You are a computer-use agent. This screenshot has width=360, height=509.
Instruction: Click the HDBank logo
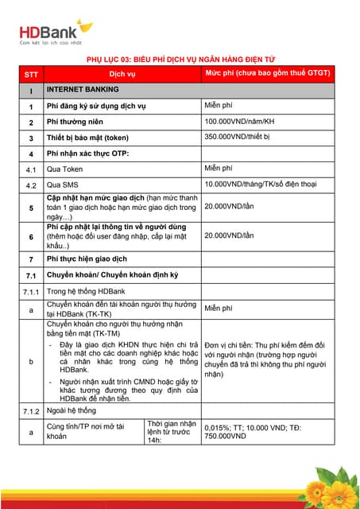(55, 32)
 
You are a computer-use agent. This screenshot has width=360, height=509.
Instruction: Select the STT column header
(30, 74)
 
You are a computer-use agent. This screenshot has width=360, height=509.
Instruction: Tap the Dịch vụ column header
(122, 74)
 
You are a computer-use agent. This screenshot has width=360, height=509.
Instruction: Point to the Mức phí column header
(267, 73)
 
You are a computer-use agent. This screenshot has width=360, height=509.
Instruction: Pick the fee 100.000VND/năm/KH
(239, 121)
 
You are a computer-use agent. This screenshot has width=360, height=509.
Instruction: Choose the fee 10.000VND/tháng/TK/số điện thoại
(265, 185)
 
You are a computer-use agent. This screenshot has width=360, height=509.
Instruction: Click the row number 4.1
(30, 169)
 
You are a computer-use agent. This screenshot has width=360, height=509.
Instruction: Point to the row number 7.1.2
(30, 411)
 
